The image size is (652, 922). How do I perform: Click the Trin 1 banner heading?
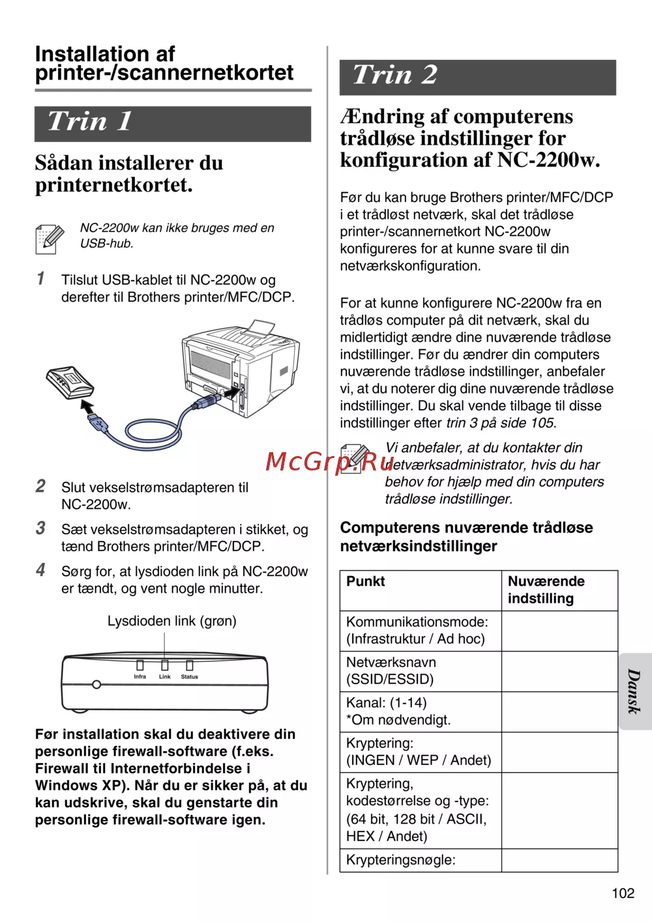tap(90, 122)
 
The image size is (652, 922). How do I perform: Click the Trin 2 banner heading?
tap(394, 75)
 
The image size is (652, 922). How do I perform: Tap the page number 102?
tap(623, 893)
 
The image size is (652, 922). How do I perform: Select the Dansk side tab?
tap(634, 691)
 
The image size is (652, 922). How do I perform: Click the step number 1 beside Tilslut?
tap(40, 279)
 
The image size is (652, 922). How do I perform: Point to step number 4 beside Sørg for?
tap(40, 570)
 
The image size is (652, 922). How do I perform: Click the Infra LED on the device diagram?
tap(140, 665)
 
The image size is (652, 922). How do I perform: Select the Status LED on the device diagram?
tap(190, 665)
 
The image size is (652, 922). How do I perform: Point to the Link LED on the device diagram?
tap(164, 665)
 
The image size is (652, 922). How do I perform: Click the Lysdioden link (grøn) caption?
tap(171, 621)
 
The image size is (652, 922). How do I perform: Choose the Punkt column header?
tap(365, 581)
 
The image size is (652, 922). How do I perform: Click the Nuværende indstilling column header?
tap(546, 590)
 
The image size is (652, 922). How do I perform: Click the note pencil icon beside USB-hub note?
tap(50, 238)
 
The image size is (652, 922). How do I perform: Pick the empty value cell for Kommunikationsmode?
tap(559, 631)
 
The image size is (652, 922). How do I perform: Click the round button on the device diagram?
tap(96, 685)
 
